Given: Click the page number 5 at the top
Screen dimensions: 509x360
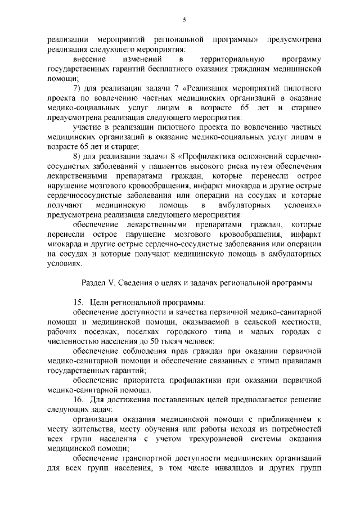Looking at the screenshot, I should point(184,20).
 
